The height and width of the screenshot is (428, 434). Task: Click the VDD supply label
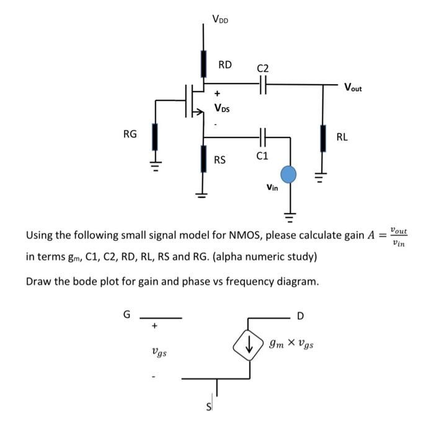[x=220, y=19]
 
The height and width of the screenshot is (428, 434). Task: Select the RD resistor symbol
[x=203, y=63]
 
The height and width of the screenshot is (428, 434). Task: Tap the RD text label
[x=224, y=64]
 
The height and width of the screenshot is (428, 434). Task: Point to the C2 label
[x=263, y=68]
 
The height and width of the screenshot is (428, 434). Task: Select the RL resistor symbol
[x=322, y=138]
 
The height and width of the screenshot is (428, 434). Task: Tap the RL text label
[x=342, y=137]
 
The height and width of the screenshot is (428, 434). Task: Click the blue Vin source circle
[x=289, y=175]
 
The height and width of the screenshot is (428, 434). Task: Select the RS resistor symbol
[x=203, y=159]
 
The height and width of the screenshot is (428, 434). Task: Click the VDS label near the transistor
[x=221, y=108]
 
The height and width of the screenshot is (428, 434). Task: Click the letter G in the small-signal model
[x=127, y=315]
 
